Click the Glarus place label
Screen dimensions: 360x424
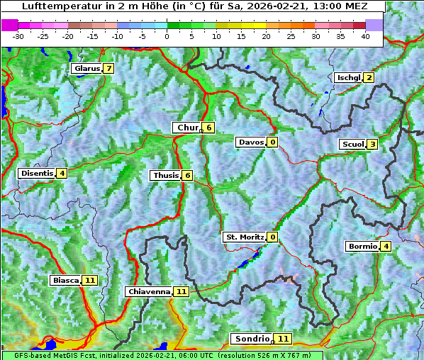point(86,69)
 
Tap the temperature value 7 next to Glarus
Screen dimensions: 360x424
point(108,69)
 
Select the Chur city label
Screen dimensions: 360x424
point(187,128)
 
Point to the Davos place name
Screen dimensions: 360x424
point(251,142)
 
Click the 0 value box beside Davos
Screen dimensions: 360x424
point(272,142)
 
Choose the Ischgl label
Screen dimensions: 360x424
point(348,78)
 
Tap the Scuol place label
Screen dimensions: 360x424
point(353,145)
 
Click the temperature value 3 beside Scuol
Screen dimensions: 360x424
point(372,145)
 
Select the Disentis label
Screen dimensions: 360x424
point(37,173)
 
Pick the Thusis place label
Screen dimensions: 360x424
point(165,175)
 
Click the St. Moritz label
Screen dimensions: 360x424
point(244,237)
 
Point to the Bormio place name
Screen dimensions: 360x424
point(362,247)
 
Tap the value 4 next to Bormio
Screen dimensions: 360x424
point(385,247)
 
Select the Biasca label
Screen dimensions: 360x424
point(65,281)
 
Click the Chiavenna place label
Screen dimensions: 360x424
point(149,291)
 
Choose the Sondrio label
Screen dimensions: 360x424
point(252,339)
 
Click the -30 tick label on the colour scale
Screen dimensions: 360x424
point(18,35)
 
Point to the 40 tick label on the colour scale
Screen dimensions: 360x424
point(365,35)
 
